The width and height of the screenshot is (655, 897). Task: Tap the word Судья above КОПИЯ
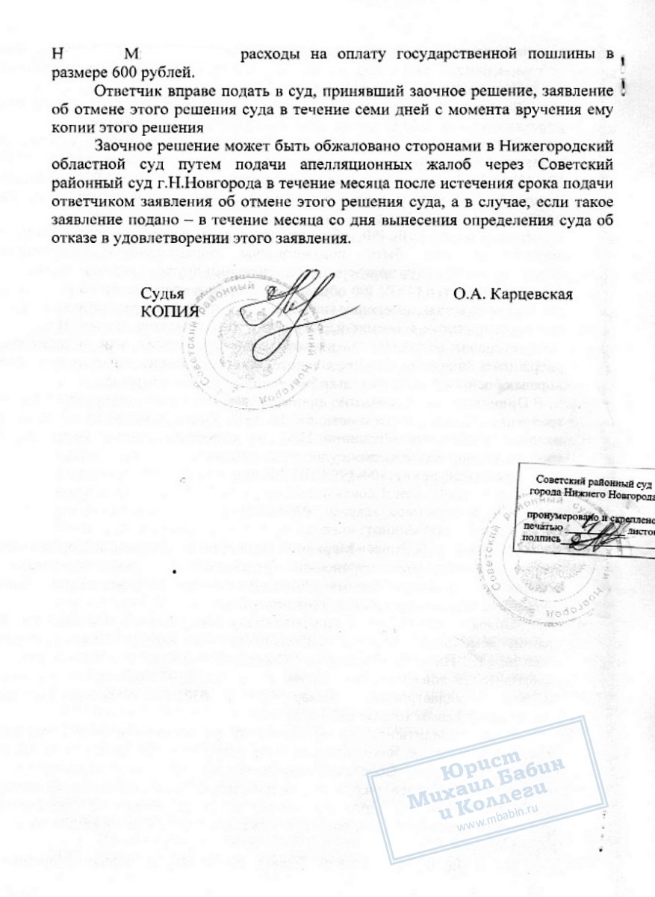point(164,294)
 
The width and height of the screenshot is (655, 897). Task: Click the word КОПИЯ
point(170,310)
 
